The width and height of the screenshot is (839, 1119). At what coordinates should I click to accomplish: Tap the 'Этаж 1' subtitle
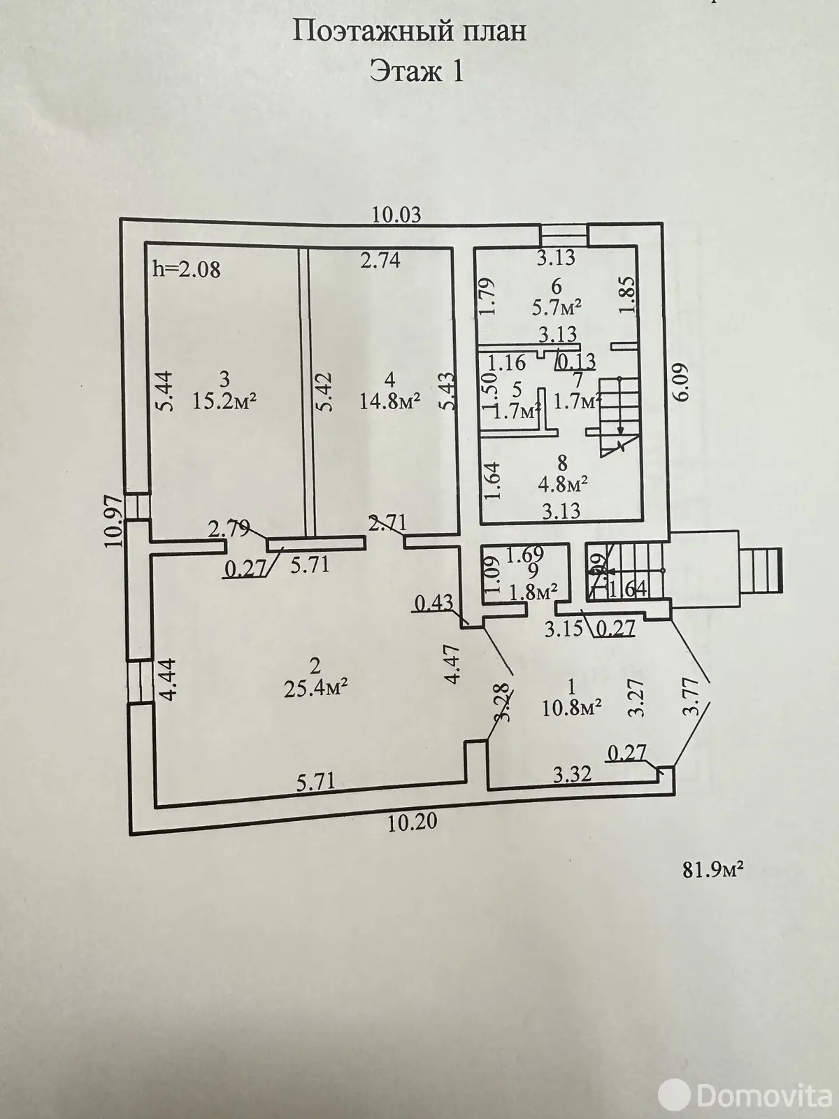pos(417,71)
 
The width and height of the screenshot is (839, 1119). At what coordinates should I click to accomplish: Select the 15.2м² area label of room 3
pos(224,401)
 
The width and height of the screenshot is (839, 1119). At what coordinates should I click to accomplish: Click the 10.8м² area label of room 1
pos(572,708)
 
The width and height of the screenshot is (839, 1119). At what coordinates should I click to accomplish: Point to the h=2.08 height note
pos(186,269)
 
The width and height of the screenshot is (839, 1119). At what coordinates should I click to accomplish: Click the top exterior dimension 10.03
pos(396,215)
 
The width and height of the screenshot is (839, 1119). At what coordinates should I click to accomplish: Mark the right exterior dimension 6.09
pos(682,382)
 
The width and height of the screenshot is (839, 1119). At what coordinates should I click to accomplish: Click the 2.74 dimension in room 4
pos(380,260)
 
